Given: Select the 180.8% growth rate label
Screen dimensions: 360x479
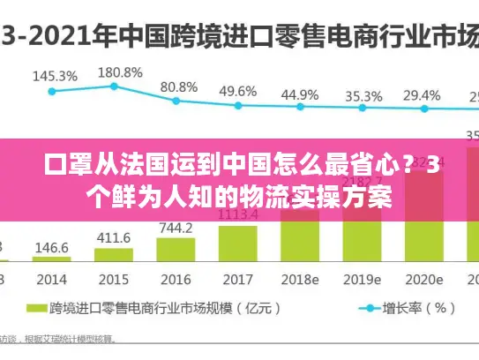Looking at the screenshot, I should point(120,71).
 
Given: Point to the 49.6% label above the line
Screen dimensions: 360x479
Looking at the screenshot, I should point(237,91).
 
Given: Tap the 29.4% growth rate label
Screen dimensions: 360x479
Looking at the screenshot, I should point(423,95).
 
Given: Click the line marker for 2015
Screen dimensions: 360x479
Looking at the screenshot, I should point(114,86).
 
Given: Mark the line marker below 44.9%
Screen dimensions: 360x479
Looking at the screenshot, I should point(299,108).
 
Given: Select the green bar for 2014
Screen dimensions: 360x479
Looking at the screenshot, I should point(51,259).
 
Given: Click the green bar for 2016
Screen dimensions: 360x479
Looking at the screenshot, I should point(175,250).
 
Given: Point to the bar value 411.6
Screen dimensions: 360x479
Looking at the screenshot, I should point(113,238).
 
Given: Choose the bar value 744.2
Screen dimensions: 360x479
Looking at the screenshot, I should point(176,228).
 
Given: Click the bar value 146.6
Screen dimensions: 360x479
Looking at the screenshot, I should point(51,248).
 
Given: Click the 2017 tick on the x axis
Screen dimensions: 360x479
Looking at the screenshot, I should point(236,279).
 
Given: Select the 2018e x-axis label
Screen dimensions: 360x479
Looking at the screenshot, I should point(298,279).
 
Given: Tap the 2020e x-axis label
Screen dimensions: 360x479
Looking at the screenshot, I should point(423,279).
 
